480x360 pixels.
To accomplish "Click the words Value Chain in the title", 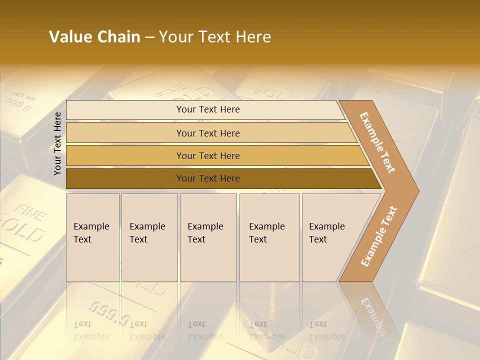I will pyautogui.click(x=94, y=37).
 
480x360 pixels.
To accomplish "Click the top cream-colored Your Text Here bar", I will pyautogui.click(x=207, y=109).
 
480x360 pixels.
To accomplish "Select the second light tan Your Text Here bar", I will pyautogui.click(x=207, y=133).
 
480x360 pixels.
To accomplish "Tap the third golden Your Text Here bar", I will pyautogui.click(x=207, y=155).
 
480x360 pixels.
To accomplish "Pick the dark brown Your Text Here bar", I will pyautogui.click(x=207, y=178).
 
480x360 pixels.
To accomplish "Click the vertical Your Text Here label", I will pyautogui.click(x=57, y=144).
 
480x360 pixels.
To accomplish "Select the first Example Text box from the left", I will pyautogui.click(x=92, y=237).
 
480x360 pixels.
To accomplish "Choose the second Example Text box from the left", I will pyautogui.click(x=149, y=237).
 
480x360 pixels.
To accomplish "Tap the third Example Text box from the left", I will pyautogui.click(x=207, y=237).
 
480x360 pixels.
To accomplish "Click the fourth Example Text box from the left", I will pyautogui.click(x=269, y=237).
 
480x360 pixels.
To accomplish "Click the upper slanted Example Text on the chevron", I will pyautogui.click(x=378, y=142).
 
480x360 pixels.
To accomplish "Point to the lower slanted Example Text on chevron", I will pyautogui.click(x=379, y=236).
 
